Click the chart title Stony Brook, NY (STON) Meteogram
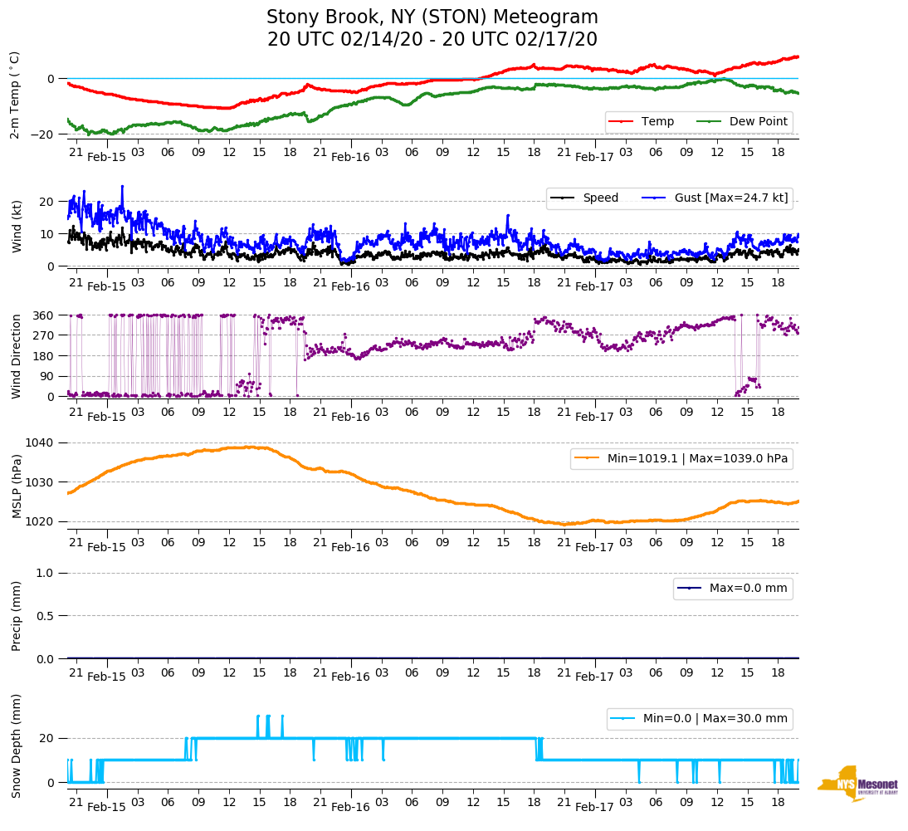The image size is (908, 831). pyautogui.click(x=432, y=17)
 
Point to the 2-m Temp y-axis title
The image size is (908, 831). pyautogui.click(x=15, y=95)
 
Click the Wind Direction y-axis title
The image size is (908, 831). pyautogui.click(x=17, y=356)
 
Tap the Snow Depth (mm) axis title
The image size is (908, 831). pyautogui.click(x=17, y=745)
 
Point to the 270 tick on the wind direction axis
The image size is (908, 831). pyautogui.click(x=45, y=335)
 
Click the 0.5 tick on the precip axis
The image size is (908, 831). pyautogui.click(x=46, y=616)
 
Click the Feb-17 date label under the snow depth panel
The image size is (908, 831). pyautogui.click(x=594, y=807)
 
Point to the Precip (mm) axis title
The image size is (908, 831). pyautogui.click(x=17, y=615)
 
